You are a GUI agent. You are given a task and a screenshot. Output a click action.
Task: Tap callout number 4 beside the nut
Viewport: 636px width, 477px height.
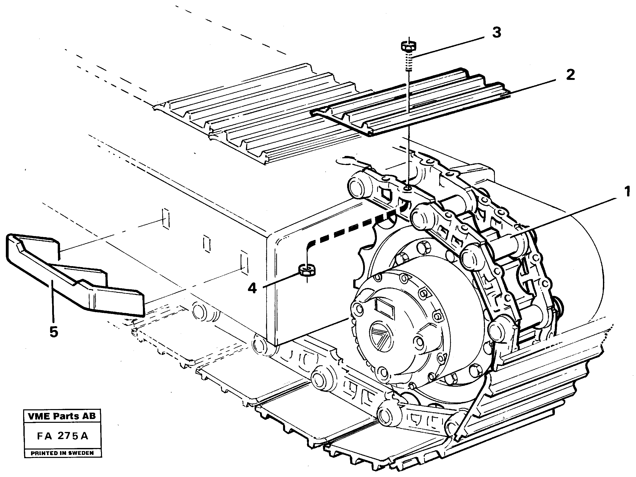[253, 288]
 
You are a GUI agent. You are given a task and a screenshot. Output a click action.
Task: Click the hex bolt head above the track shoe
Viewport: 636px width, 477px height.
[409, 46]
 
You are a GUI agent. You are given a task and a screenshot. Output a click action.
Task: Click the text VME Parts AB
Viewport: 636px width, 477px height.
[62, 416]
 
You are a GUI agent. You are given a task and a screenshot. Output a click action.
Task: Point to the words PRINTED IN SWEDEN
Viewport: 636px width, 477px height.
[62, 453]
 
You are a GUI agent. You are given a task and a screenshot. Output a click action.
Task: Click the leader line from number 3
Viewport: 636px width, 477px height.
[451, 46]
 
